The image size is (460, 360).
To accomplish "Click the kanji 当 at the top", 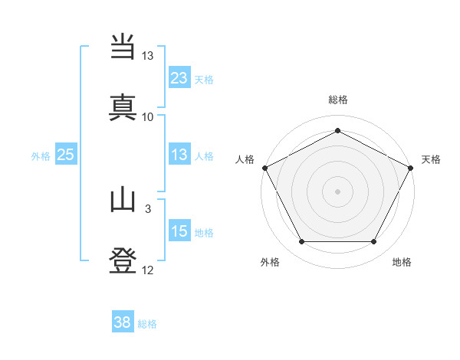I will (123, 47).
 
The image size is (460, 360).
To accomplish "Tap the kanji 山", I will (123, 201).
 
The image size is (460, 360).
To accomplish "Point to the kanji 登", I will (123, 261).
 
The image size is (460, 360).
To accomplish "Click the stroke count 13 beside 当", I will (148, 56).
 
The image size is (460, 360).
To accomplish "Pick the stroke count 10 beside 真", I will (148, 116).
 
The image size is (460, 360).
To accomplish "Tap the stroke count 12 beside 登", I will (148, 270).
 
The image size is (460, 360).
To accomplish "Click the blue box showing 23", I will (179, 77).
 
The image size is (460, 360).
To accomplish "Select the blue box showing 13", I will (179, 155).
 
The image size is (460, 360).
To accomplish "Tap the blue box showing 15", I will (179, 231).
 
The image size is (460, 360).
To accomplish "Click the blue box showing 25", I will (65, 155).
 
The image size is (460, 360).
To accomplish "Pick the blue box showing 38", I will (123, 322).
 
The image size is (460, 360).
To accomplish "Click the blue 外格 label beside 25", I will (41, 155).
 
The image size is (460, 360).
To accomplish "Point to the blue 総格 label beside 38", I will (147, 324).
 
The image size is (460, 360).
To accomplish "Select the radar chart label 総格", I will (337, 100).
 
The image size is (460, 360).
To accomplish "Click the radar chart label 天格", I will (431, 159).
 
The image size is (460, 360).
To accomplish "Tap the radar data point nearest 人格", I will (264, 167).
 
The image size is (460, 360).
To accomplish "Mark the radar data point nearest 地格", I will (374, 242).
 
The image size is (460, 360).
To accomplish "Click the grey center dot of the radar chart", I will (337, 191).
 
